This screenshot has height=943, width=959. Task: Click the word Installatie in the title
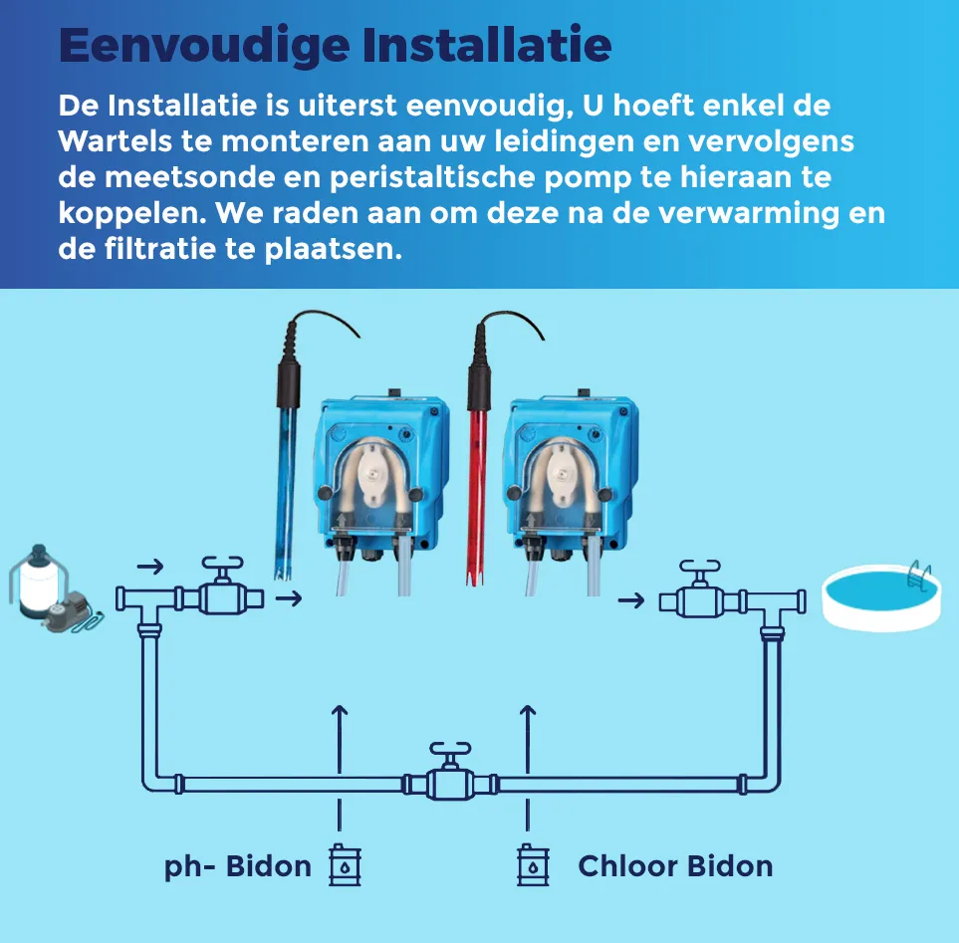(487, 45)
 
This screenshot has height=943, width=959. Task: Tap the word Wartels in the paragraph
(115, 141)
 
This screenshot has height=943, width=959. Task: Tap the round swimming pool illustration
(880, 595)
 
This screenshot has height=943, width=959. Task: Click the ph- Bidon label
(238, 866)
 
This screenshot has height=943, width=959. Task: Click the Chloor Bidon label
(675, 866)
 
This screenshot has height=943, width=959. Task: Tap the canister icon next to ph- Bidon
(345, 864)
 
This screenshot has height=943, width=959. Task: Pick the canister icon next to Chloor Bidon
(534, 864)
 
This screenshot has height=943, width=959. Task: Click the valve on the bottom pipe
(450, 773)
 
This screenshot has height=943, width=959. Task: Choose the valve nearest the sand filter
(223, 588)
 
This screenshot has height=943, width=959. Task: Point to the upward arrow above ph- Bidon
(340, 739)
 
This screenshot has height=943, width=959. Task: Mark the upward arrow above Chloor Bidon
(528, 739)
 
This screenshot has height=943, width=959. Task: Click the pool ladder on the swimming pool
(920, 576)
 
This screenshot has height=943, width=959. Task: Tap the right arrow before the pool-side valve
(631, 600)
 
